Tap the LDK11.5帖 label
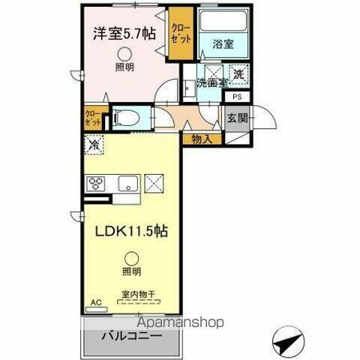pos(130,232)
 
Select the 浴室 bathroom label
pos(221,43)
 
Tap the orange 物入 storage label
pos(202,138)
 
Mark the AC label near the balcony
pos(95,303)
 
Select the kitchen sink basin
pos(124,181)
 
